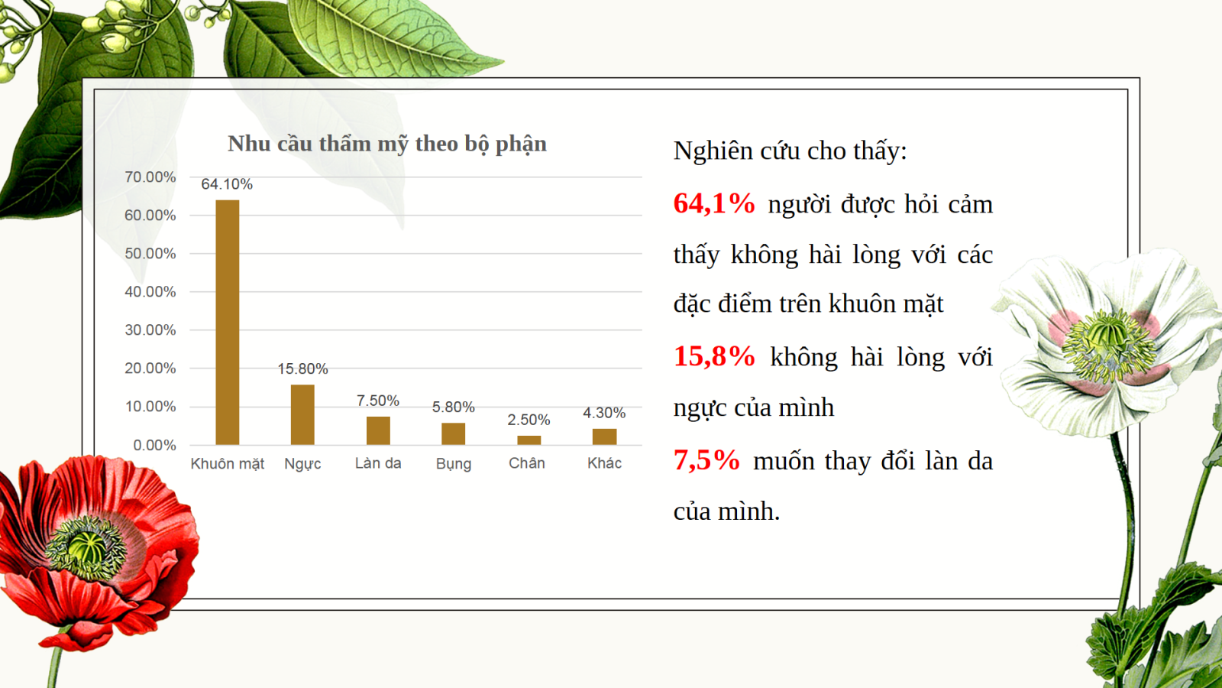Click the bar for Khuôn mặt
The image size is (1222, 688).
(x=228, y=322)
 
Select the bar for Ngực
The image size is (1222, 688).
(x=302, y=414)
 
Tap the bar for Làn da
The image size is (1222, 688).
(x=378, y=430)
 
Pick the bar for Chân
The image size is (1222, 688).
(x=529, y=440)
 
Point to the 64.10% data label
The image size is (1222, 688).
(x=227, y=184)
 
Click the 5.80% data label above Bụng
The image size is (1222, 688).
(x=454, y=407)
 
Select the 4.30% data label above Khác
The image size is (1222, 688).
(x=604, y=413)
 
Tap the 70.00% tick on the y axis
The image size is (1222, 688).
(x=150, y=177)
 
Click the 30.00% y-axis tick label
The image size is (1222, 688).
(x=150, y=330)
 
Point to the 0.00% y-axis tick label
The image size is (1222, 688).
(x=154, y=446)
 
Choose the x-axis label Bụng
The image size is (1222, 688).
(x=454, y=464)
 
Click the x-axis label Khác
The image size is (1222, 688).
(x=604, y=463)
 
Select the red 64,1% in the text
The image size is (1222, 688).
(x=714, y=203)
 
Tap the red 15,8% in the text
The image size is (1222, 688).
(x=714, y=356)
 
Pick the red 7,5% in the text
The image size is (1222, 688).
(x=706, y=459)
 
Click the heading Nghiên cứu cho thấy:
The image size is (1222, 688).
(x=790, y=151)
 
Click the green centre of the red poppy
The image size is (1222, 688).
(x=87, y=547)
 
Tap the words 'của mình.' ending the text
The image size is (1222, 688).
(x=726, y=511)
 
